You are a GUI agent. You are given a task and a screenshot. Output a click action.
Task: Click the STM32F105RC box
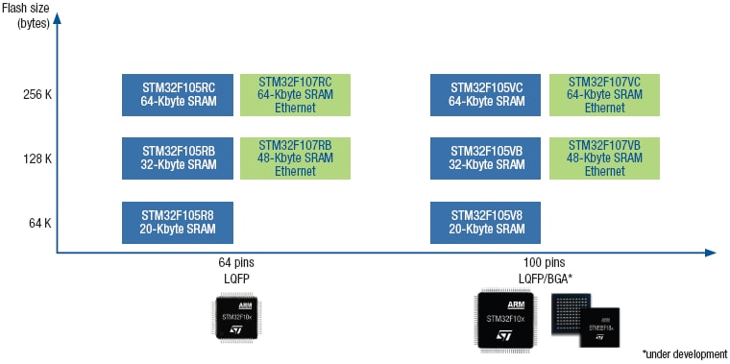tap(178, 94)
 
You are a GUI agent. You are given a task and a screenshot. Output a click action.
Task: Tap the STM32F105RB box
tap(178, 158)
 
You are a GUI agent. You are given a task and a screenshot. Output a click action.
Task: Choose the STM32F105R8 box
tap(178, 222)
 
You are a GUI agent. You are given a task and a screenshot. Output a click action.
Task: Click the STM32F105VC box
tap(486, 94)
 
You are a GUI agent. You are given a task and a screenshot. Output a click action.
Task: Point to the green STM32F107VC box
tap(604, 94)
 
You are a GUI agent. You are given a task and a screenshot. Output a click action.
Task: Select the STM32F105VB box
tap(486, 158)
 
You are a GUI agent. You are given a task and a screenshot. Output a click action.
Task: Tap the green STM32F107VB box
tap(604, 158)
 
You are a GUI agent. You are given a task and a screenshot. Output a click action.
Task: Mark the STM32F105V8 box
tap(486, 222)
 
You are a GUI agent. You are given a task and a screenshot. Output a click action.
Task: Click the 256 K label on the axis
tap(39, 95)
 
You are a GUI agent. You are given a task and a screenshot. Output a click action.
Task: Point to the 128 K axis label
tap(39, 158)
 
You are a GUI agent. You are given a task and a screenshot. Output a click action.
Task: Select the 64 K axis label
tap(39, 223)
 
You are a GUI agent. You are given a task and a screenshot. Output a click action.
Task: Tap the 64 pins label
tap(236, 262)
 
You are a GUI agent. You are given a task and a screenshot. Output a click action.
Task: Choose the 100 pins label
tap(544, 262)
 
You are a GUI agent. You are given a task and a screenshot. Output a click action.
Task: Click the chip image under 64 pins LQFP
tap(236, 318)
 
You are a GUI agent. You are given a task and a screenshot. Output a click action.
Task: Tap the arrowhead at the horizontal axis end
tap(710, 253)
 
